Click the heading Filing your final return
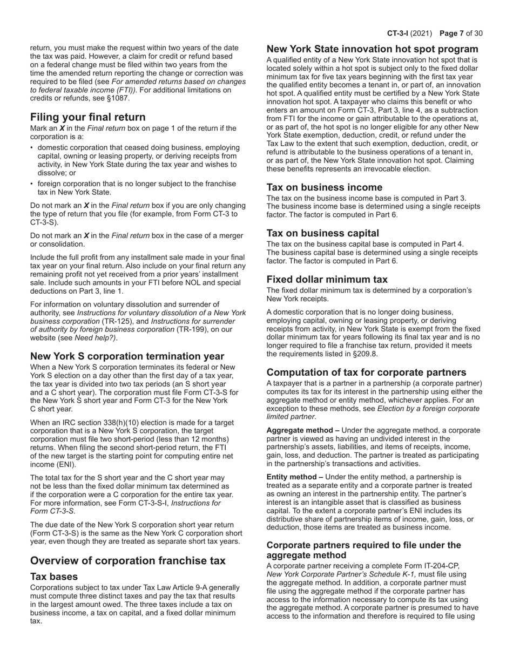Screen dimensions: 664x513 tap(87, 117)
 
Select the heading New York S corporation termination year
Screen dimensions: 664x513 tap(127, 356)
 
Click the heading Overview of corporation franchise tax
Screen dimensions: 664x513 tap(127, 561)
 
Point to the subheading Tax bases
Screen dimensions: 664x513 tap(54, 577)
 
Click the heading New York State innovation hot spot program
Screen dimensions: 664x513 tap(372, 49)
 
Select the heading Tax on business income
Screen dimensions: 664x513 tap(324, 187)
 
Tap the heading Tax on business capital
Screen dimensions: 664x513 tap(322, 233)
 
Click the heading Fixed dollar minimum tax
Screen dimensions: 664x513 tap(327, 280)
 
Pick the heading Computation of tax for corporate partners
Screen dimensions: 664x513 tap(366, 372)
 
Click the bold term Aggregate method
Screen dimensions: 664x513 tap(299, 430)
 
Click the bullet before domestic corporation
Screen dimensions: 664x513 tap(32, 147)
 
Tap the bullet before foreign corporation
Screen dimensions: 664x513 tap(32, 184)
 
